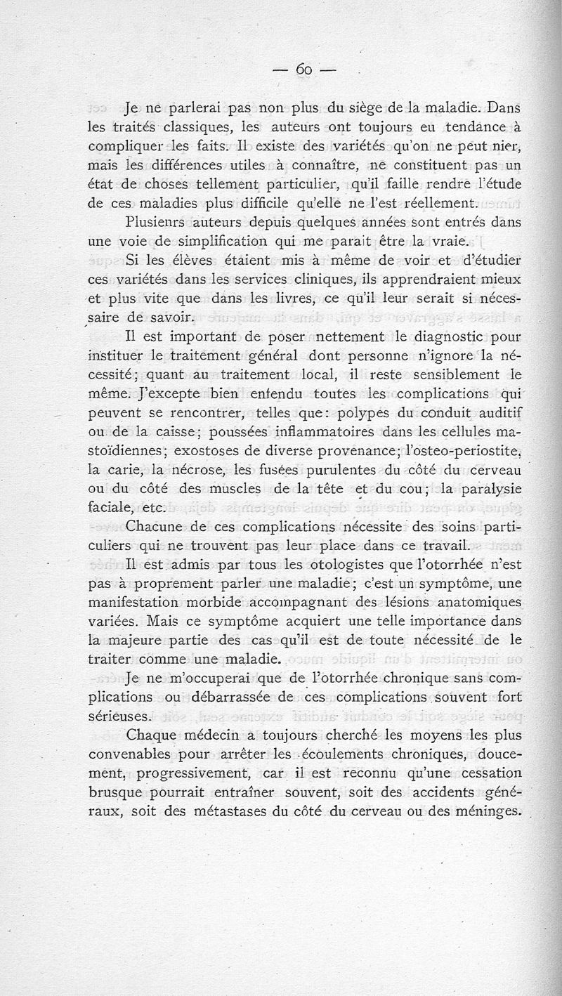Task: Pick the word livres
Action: click(x=291, y=298)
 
